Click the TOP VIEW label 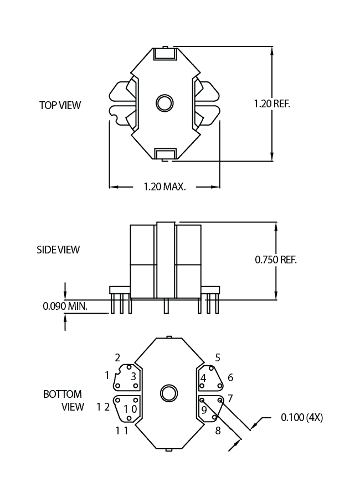click(x=60, y=105)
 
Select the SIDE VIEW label click(x=58, y=250)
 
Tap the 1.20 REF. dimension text click(x=272, y=103)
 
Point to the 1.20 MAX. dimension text click(x=164, y=187)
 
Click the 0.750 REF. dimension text click(x=276, y=260)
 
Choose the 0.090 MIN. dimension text click(x=68, y=305)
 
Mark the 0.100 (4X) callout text click(x=302, y=417)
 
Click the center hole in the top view click(x=164, y=103)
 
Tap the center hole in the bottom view click(x=168, y=393)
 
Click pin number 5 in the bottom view click(x=218, y=358)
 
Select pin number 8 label click(x=218, y=430)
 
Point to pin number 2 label click(x=117, y=357)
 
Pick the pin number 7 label click(x=230, y=398)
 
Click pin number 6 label click(x=230, y=377)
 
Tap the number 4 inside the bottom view click(x=203, y=378)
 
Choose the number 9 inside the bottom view click(x=204, y=410)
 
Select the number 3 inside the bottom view click(x=133, y=376)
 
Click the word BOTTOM click(x=63, y=395)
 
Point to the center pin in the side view click(x=166, y=306)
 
